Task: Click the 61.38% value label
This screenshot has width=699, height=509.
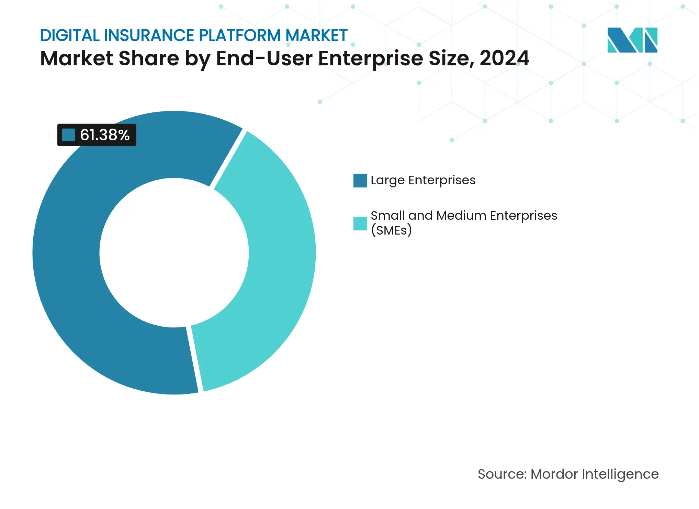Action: [x=104, y=135]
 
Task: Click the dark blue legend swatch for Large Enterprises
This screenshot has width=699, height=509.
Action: [x=360, y=181]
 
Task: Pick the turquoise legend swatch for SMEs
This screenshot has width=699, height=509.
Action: [x=360, y=223]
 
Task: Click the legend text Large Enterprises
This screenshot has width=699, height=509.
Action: [x=423, y=180]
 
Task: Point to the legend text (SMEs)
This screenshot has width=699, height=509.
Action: [x=391, y=230]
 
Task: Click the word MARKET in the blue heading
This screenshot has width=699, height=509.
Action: [x=316, y=36]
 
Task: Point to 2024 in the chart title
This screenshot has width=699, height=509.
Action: [x=504, y=58]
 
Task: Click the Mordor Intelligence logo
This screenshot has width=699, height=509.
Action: [x=632, y=40]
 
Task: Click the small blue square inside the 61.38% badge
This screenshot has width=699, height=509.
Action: [x=68, y=135]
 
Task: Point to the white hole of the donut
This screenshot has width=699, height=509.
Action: [x=174, y=253]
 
